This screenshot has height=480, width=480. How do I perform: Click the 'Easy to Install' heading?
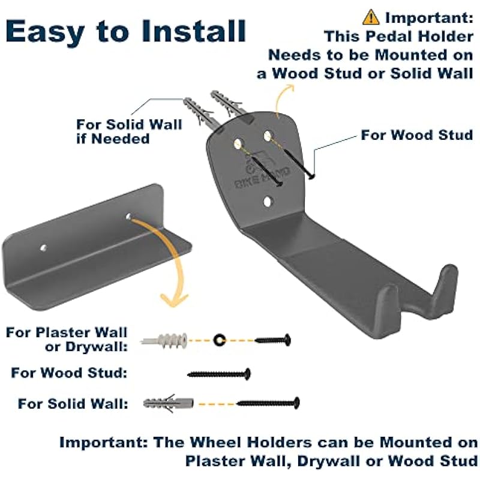(x=126, y=31)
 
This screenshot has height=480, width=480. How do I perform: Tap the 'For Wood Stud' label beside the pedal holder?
(x=417, y=134)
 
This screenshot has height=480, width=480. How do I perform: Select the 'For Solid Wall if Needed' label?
(x=128, y=131)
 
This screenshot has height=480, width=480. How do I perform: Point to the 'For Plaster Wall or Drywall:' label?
(x=67, y=338)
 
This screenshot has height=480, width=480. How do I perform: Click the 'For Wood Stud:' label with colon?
(x=69, y=373)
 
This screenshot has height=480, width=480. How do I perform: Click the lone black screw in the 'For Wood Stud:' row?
(x=219, y=374)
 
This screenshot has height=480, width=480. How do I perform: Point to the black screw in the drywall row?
(x=273, y=340)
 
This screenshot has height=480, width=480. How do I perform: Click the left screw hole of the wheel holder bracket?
(x=43, y=247)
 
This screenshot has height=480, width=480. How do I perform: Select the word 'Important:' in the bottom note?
(x=102, y=443)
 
